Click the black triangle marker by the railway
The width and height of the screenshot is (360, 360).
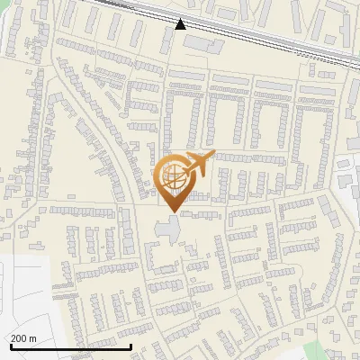pyautogui.click(x=181, y=23)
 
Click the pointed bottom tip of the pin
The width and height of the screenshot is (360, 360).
pyautogui.click(x=174, y=212)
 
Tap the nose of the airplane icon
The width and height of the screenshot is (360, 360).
pyautogui.click(x=212, y=155)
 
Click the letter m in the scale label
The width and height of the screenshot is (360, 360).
pyautogui.click(x=33, y=338)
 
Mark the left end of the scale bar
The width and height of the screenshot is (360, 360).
pyautogui.click(x=10, y=346)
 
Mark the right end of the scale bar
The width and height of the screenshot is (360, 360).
pyautogui.click(x=131, y=346)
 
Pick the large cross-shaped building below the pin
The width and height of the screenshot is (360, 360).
pyautogui.click(x=168, y=228)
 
